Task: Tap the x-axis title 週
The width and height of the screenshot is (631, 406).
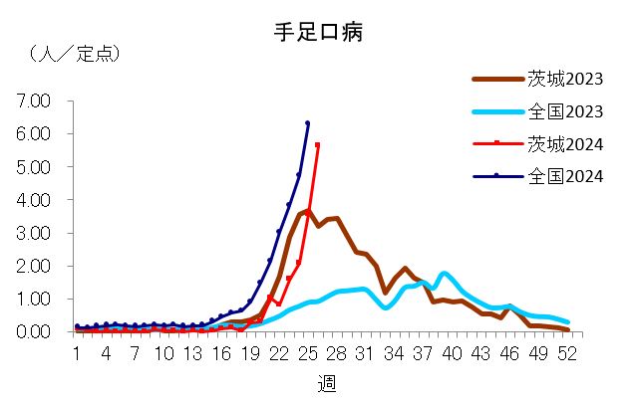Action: pos(326,384)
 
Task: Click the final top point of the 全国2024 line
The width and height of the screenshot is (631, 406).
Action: pos(307,123)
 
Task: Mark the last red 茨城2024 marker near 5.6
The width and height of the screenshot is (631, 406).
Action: pos(317,145)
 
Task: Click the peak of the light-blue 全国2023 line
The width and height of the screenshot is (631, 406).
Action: pos(444,273)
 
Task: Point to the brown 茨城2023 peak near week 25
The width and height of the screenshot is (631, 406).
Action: pos(308,210)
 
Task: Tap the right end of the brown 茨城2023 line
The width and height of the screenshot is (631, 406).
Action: pos(566,329)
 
